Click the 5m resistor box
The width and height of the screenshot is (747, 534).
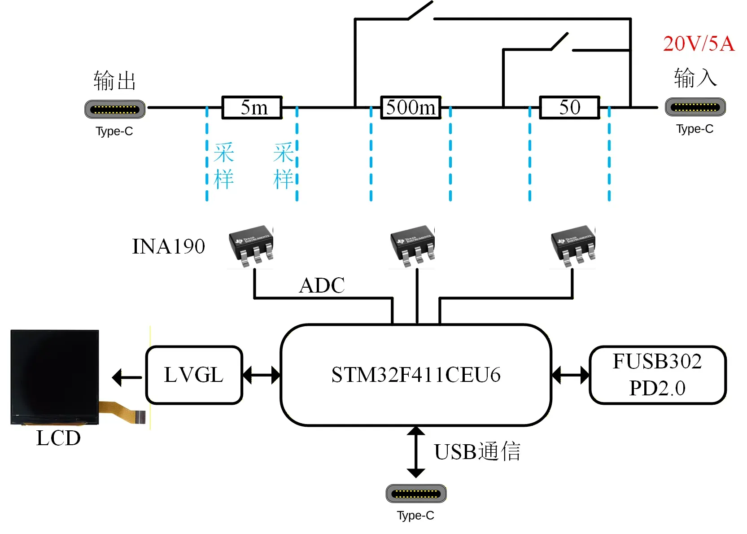pyautogui.click(x=252, y=107)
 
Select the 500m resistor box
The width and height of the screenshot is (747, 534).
pyautogui.click(x=411, y=107)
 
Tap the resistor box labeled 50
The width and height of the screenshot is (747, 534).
pyautogui.click(x=569, y=107)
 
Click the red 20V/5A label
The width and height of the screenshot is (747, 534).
pyautogui.click(x=698, y=44)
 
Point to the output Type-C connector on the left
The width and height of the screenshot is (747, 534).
pyautogui.click(x=115, y=109)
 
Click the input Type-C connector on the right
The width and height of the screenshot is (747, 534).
pyautogui.click(x=695, y=107)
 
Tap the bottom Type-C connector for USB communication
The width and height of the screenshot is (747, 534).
pyautogui.click(x=416, y=494)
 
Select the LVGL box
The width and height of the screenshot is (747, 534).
pyautogui.click(x=194, y=375)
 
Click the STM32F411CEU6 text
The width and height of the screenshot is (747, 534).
pyautogui.click(x=415, y=375)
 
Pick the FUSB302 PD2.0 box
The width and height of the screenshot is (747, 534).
pyautogui.click(x=657, y=375)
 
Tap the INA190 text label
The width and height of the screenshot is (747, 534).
pyautogui.click(x=168, y=246)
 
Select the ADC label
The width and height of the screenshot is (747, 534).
pyautogui.click(x=322, y=285)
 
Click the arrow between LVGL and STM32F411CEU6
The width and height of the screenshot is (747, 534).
pyautogui.click(x=262, y=375)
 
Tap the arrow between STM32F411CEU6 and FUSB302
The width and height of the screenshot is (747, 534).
pyautogui.click(x=570, y=375)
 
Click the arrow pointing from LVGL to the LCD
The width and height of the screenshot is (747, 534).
pyautogui.click(x=127, y=377)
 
